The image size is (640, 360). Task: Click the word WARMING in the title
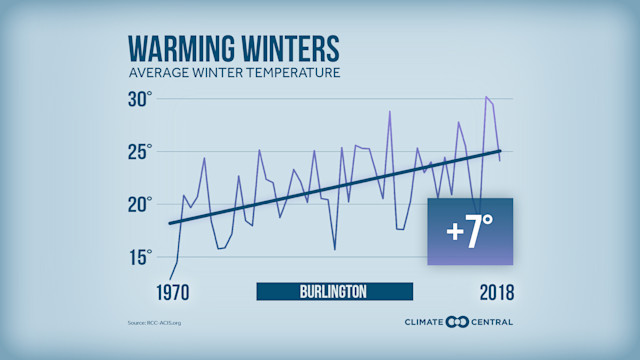pos(184,50)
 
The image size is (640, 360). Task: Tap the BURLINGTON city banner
pos(334,292)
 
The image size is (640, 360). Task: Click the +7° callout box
pos(470,232)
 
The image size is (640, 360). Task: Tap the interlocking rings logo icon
pos(458,322)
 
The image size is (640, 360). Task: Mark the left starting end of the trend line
pos(170,223)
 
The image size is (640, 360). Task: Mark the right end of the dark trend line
pos(500,151)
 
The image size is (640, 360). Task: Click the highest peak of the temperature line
pos(486,97)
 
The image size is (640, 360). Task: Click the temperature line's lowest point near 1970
pos(170,279)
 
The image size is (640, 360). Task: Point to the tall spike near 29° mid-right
pos(390,111)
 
